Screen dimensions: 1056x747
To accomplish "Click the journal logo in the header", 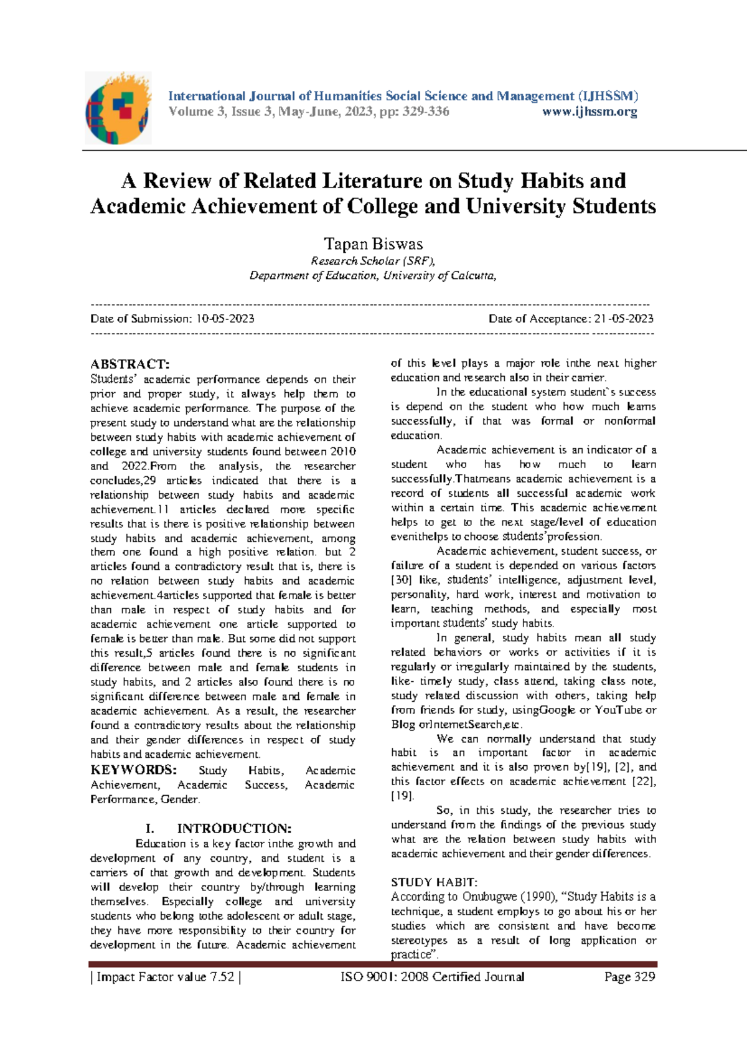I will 118,108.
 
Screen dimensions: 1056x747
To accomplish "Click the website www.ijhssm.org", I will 590,112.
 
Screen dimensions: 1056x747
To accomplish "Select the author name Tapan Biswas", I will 373,244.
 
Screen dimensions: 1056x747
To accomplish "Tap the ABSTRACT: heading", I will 129,364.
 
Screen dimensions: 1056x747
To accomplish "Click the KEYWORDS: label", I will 133,770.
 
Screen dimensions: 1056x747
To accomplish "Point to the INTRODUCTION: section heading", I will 233,829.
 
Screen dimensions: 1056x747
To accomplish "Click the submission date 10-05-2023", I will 225,319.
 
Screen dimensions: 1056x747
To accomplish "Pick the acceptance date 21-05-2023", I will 624,319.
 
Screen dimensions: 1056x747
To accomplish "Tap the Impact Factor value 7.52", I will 223,977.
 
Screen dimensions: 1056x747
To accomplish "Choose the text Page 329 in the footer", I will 629,977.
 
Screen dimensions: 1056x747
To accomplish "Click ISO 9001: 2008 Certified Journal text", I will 432,977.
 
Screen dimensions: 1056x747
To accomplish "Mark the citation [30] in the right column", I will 401,580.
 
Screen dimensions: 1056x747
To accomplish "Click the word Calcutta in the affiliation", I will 473,276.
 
